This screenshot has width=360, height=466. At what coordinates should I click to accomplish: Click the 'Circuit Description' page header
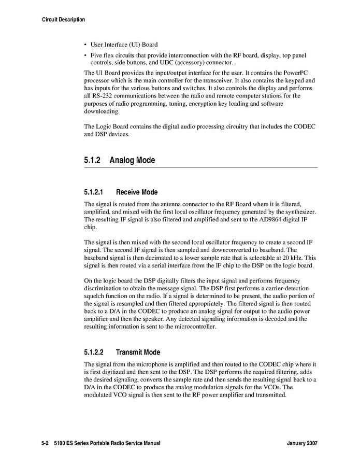[x=63, y=20]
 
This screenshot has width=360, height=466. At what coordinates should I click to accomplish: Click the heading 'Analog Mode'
[x=132, y=160]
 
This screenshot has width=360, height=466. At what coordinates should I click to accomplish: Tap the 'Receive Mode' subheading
[x=137, y=192]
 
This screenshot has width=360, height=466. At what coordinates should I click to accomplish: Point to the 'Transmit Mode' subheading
[x=138, y=352]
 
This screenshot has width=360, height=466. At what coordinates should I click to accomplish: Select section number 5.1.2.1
[x=96, y=192]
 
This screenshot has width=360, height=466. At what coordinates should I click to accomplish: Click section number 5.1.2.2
[x=96, y=352]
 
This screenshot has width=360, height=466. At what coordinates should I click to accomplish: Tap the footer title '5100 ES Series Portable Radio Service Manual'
[x=107, y=444]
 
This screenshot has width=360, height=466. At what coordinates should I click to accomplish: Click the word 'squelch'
[x=95, y=296]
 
